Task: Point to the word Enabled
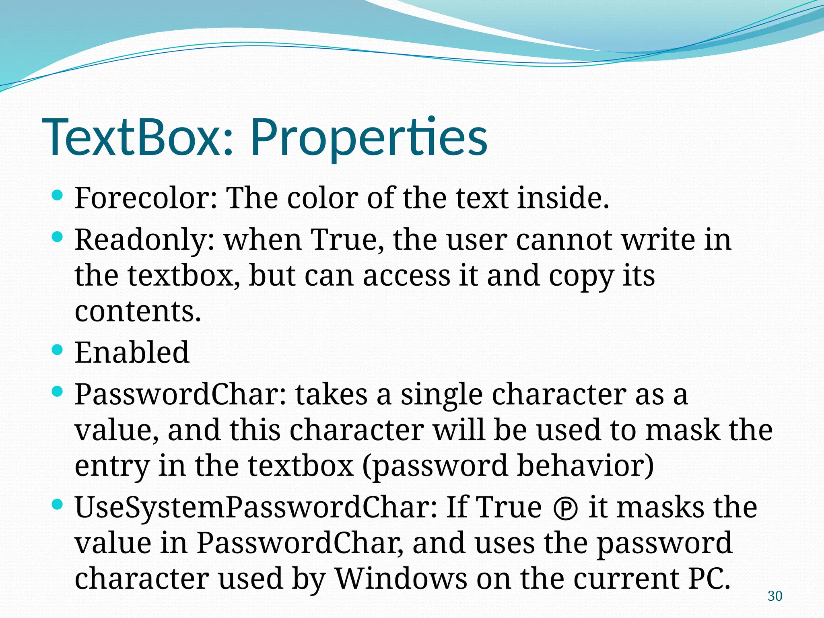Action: coord(132,352)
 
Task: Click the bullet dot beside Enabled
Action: coord(58,350)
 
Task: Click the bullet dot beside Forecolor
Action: coord(58,196)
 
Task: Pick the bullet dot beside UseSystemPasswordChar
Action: coord(58,504)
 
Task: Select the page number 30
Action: coord(775,596)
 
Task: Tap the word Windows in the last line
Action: coord(401,579)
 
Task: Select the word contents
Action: coord(138,312)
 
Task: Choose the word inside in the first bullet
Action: coord(563,198)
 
